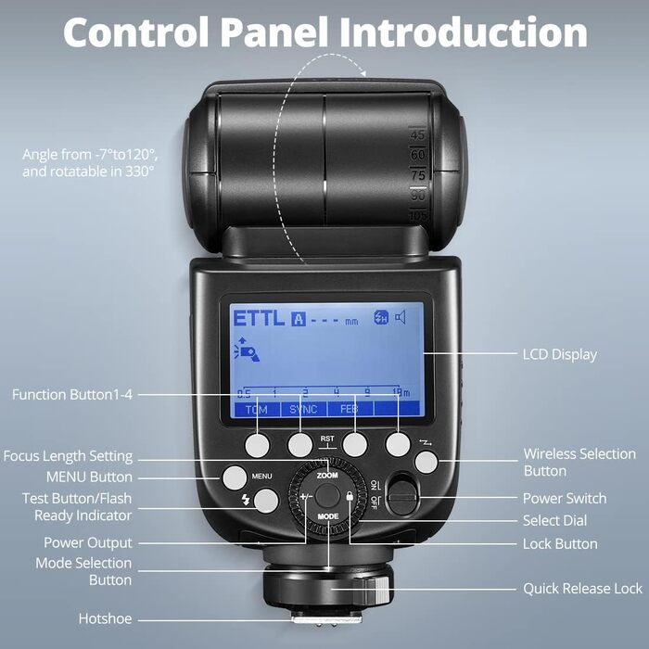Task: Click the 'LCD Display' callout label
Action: click(x=560, y=354)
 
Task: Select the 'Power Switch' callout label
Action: click(x=565, y=499)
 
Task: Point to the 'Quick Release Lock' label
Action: click(x=582, y=589)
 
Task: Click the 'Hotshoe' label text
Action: click(x=105, y=618)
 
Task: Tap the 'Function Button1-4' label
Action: click(x=72, y=395)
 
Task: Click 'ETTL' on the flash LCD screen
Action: click(x=259, y=318)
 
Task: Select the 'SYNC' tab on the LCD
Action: click(x=302, y=409)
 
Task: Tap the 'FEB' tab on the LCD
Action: click(x=349, y=409)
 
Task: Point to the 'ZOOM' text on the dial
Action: click(x=327, y=475)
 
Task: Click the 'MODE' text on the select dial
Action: click(x=327, y=541)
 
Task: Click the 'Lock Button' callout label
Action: click(x=560, y=544)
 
